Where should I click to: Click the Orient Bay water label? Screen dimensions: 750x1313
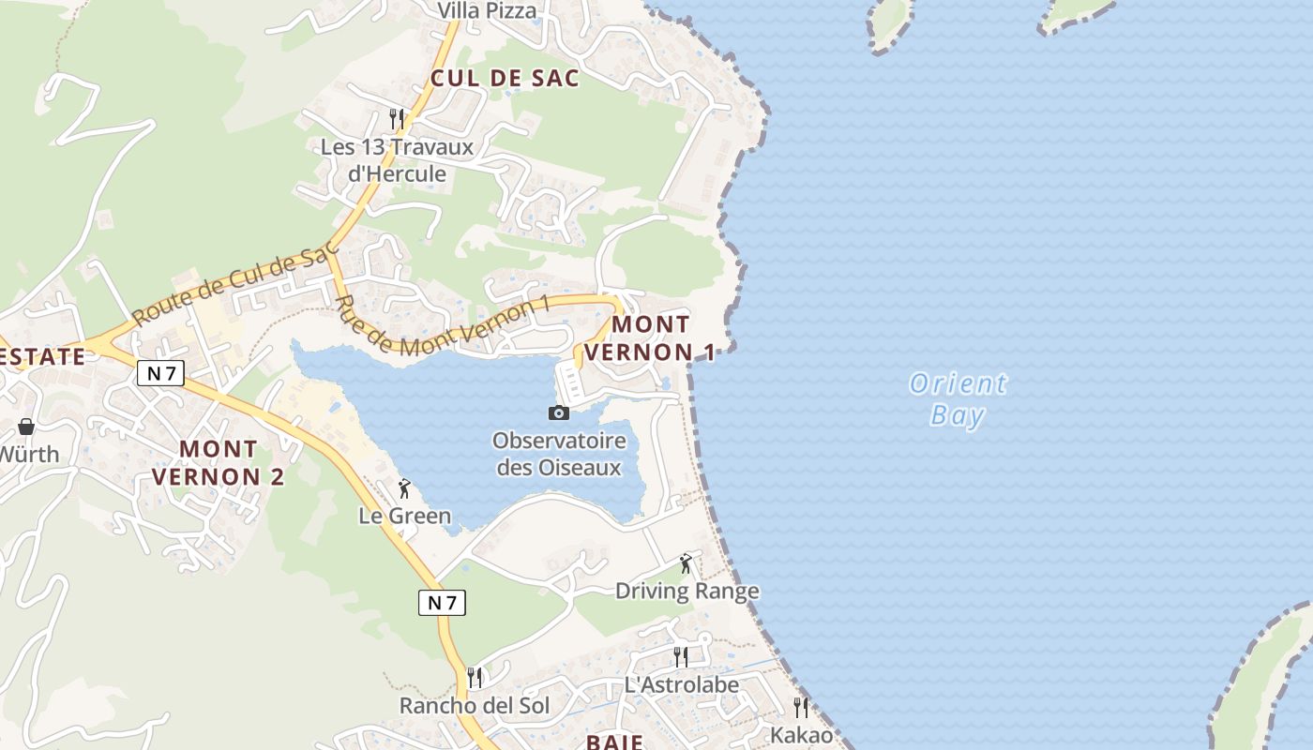click(958, 398)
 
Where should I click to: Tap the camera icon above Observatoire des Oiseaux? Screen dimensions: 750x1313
click(558, 412)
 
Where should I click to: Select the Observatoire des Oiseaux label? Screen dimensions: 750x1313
click(559, 454)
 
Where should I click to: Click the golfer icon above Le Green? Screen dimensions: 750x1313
click(404, 488)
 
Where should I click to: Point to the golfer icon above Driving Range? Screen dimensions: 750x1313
click(686, 563)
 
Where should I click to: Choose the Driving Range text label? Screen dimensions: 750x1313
click(687, 591)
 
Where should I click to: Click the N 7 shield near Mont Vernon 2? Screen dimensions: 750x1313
click(160, 373)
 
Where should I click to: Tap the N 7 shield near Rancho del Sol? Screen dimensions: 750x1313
click(442, 603)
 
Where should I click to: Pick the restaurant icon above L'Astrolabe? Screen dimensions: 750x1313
click(681, 656)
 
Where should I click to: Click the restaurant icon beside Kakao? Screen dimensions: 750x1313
click(801, 707)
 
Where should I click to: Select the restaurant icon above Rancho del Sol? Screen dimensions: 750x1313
click(475, 677)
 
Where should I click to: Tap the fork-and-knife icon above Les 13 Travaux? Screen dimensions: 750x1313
click(397, 119)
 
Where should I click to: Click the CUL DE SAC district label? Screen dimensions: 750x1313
click(505, 78)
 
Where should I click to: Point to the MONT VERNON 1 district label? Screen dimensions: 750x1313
click(651, 338)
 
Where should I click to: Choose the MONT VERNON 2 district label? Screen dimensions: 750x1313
click(218, 463)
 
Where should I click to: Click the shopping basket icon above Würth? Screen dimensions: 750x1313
click(26, 427)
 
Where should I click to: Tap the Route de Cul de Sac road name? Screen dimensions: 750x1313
click(234, 286)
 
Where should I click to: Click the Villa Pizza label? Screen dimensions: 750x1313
click(488, 11)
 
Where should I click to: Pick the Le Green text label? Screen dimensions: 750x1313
click(404, 516)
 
